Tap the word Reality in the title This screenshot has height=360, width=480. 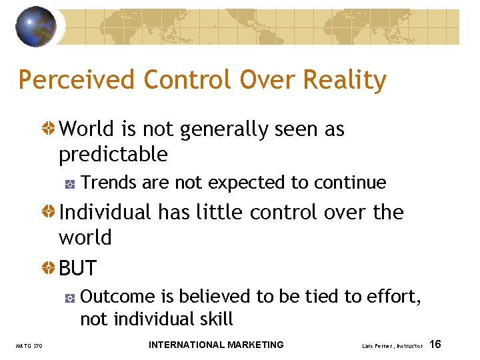(x=345, y=81)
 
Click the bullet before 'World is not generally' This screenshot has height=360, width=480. (x=49, y=129)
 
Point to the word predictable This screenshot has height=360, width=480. (x=113, y=155)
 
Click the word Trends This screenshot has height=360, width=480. (x=108, y=183)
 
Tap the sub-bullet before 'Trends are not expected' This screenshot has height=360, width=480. (x=70, y=183)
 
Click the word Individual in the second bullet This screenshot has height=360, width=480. (x=105, y=213)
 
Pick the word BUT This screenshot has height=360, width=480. (x=78, y=269)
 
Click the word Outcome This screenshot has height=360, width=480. (x=117, y=296)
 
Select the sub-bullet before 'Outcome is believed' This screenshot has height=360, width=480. (x=70, y=297)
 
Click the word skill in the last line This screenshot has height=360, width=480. (x=215, y=319)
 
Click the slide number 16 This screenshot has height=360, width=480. (x=435, y=345)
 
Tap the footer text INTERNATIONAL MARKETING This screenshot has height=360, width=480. (x=216, y=345)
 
